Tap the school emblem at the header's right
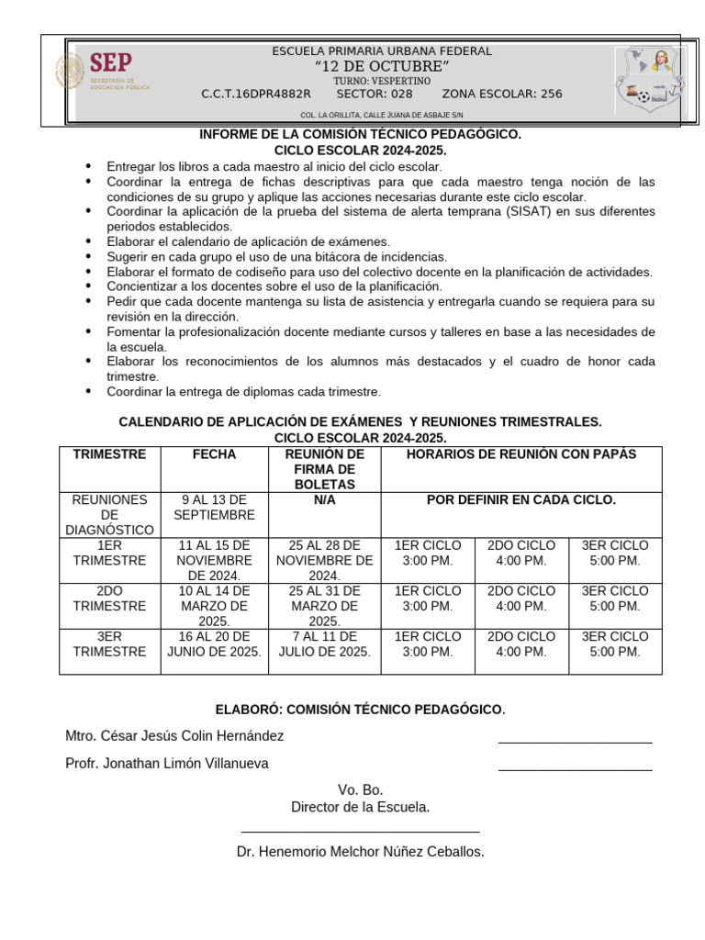[650, 79]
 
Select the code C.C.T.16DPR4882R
[256, 94]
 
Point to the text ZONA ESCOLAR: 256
[502, 94]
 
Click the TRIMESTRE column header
[109, 454]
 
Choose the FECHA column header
[214, 454]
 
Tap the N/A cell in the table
[324, 500]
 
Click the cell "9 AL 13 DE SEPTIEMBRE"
[214, 508]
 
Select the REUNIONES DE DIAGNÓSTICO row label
[109, 515]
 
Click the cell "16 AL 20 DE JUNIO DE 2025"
[214, 643]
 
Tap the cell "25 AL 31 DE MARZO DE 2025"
[324, 606]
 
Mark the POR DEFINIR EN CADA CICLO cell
[520, 500]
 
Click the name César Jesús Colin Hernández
[174, 735]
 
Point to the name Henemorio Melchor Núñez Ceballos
[360, 851]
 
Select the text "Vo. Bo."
[360, 789]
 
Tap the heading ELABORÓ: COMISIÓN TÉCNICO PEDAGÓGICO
[360, 710]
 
